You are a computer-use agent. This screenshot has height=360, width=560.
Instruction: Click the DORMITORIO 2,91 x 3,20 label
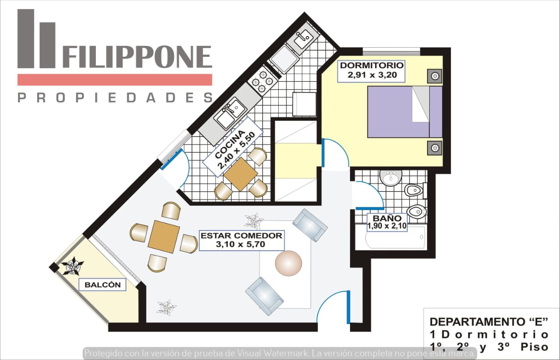[x=371, y=71]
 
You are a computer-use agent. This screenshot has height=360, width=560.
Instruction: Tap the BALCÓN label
[x=102, y=285]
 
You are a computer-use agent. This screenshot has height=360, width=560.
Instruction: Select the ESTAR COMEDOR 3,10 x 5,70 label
[x=241, y=240]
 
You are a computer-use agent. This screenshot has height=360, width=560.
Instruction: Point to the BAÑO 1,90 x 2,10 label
[x=387, y=222]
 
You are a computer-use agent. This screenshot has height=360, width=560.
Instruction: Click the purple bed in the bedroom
[x=405, y=112]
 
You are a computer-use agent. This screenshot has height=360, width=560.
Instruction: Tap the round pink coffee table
[x=288, y=263]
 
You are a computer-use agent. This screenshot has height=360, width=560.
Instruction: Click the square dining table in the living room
[x=164, y=237]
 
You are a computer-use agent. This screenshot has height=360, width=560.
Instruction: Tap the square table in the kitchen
[x=241, y=174]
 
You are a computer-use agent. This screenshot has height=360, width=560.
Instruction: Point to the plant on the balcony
[x=73, y=266]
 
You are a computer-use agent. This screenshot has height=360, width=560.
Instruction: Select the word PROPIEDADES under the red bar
[x=115, y=98]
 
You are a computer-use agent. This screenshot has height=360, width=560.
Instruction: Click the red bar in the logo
[x=115, y=80]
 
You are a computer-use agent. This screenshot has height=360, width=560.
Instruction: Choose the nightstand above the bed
[x=435, y=76]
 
